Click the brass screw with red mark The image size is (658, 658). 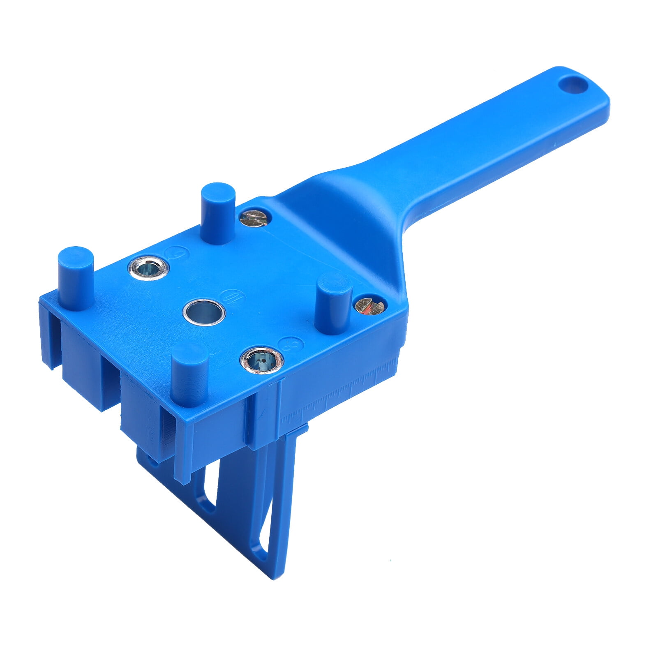pos(369,306)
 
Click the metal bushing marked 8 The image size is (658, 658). pos(262,360)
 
